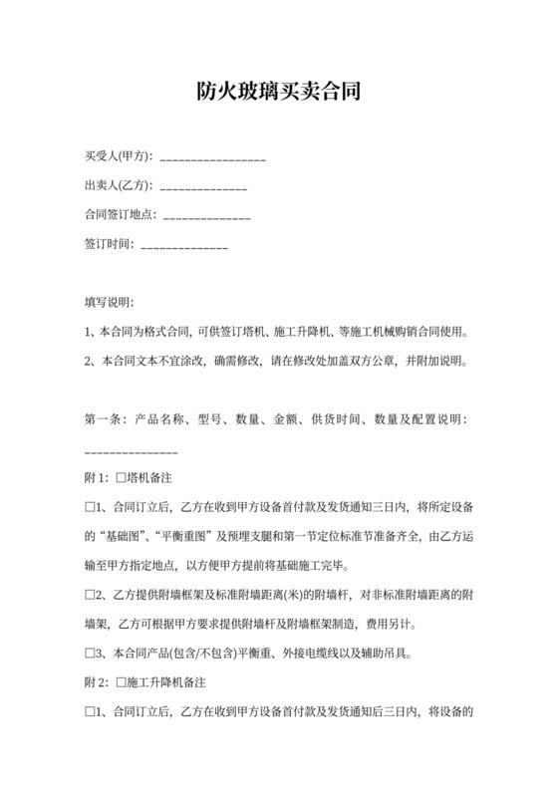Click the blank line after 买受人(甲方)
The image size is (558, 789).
point(212,159)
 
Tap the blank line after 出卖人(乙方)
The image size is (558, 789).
point(203,188)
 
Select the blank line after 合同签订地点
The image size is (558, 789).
point(206,217)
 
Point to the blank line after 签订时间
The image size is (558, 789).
point(186,246)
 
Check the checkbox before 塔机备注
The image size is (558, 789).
point(122,476)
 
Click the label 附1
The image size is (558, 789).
point(98,476)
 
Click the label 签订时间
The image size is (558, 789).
point(108,244)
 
